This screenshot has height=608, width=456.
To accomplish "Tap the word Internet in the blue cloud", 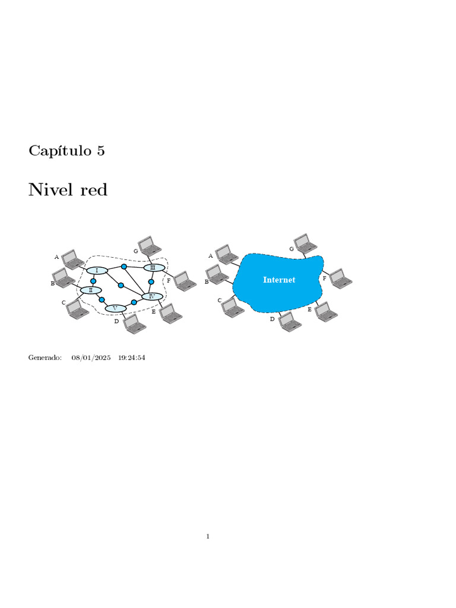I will [279, 280].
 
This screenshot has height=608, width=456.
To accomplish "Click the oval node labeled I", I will [97, 271].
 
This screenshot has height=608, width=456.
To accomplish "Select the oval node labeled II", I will [91, 290].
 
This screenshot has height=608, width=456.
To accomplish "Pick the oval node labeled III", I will [154, 268].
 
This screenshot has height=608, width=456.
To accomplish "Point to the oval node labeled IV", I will [152, 296].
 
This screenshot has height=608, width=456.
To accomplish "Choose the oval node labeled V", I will [115, 308].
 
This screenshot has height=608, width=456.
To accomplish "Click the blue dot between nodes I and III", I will [124, 267].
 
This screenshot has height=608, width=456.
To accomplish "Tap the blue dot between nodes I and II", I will [93, 281].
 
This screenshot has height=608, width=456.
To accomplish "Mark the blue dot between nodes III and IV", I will [151, 281].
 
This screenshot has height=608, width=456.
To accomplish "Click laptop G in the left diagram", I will [148, 245].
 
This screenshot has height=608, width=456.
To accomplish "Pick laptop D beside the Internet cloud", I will [290, 321].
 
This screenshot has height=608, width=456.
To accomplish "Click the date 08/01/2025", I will [91, 358].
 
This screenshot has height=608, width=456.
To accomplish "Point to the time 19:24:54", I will [132, 358].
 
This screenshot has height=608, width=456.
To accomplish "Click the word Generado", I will [45, 358].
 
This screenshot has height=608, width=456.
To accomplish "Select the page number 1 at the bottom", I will [208, 537].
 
